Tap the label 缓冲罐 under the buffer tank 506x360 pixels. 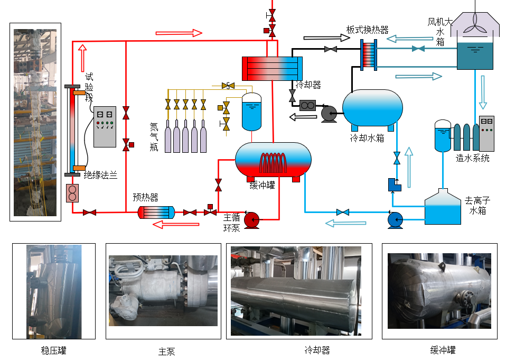[262, 186]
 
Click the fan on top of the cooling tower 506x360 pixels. [476, 19]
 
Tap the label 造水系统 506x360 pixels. [472, 158]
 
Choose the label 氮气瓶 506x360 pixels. [154, 137]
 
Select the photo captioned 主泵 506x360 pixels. [163, 291]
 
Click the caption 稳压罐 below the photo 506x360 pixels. [53, 350]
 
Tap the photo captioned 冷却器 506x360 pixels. [298, 291]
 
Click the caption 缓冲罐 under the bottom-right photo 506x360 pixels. [443, 350]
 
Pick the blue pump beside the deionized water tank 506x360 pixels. [395, 219]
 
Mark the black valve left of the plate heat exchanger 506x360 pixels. [331, 49]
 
